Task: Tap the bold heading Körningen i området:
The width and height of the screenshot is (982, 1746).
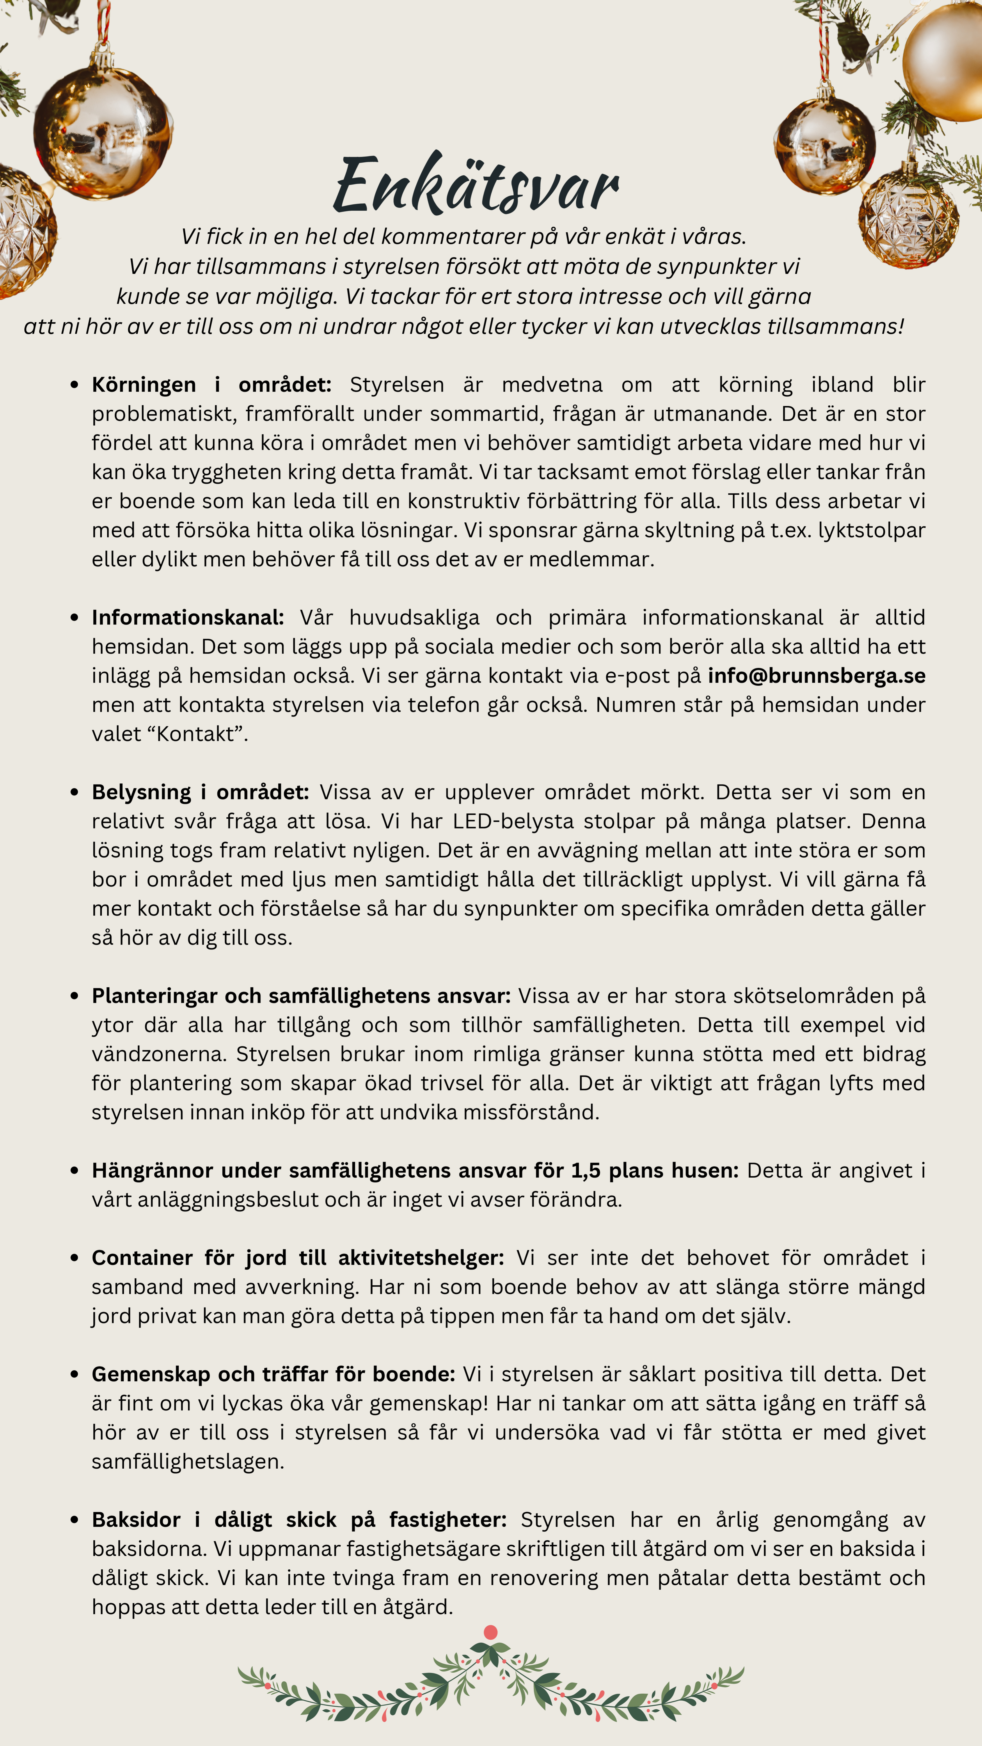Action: click(x=212, y=385)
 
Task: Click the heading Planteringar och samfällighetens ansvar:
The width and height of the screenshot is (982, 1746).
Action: click(x=301, y=996)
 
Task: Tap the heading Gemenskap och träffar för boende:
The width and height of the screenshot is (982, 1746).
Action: click(x=273, y=1374)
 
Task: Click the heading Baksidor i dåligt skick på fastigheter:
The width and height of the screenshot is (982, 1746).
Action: click(x=299, y=1520)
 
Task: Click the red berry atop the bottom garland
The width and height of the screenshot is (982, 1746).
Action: click(x=491, y=1632)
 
